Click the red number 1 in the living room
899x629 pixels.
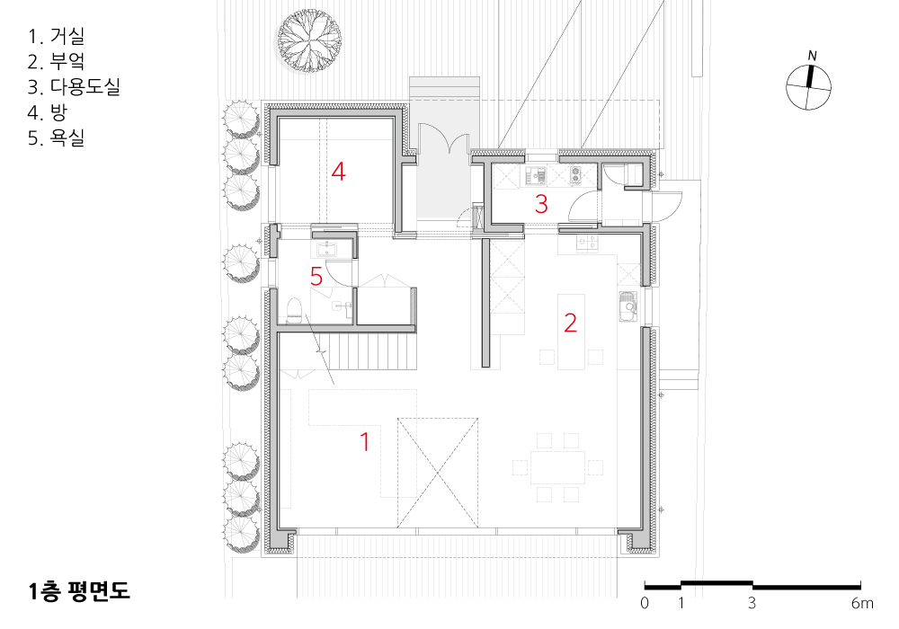365,442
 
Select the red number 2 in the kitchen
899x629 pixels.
570,323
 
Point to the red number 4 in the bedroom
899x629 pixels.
339,172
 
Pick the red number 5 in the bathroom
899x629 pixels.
316,277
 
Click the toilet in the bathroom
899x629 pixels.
294,311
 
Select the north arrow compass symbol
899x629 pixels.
808,86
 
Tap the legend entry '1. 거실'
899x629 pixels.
56,36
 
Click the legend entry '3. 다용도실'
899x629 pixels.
74,86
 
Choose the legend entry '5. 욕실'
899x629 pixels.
56,137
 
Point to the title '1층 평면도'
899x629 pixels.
79,591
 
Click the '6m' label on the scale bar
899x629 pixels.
862,603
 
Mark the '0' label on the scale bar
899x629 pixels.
645,603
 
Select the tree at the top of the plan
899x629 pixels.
309,40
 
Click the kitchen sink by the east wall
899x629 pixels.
628,308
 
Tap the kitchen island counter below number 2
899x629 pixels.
571,332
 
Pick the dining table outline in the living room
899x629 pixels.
558,467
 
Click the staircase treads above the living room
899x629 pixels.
367,351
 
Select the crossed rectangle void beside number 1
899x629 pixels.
438,473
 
